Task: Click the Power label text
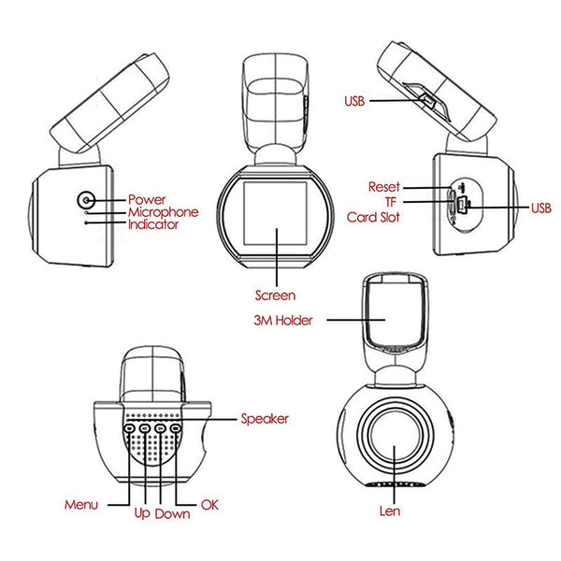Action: click(x=147, y=199)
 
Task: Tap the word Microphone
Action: click(x=163, y=212)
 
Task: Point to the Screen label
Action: click(x=275, y=295)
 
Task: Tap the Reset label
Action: click(x=383, y=187)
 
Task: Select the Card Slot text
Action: click(x=373, y=217)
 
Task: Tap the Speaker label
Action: click(x=265, y=419)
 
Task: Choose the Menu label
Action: click(x=81, y=505)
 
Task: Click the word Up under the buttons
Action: click(x=142, y=513)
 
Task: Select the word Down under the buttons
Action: click(x=173, y=513)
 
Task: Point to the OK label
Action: click(x=209, y=505)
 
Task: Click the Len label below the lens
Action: click(x=392, y=511)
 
